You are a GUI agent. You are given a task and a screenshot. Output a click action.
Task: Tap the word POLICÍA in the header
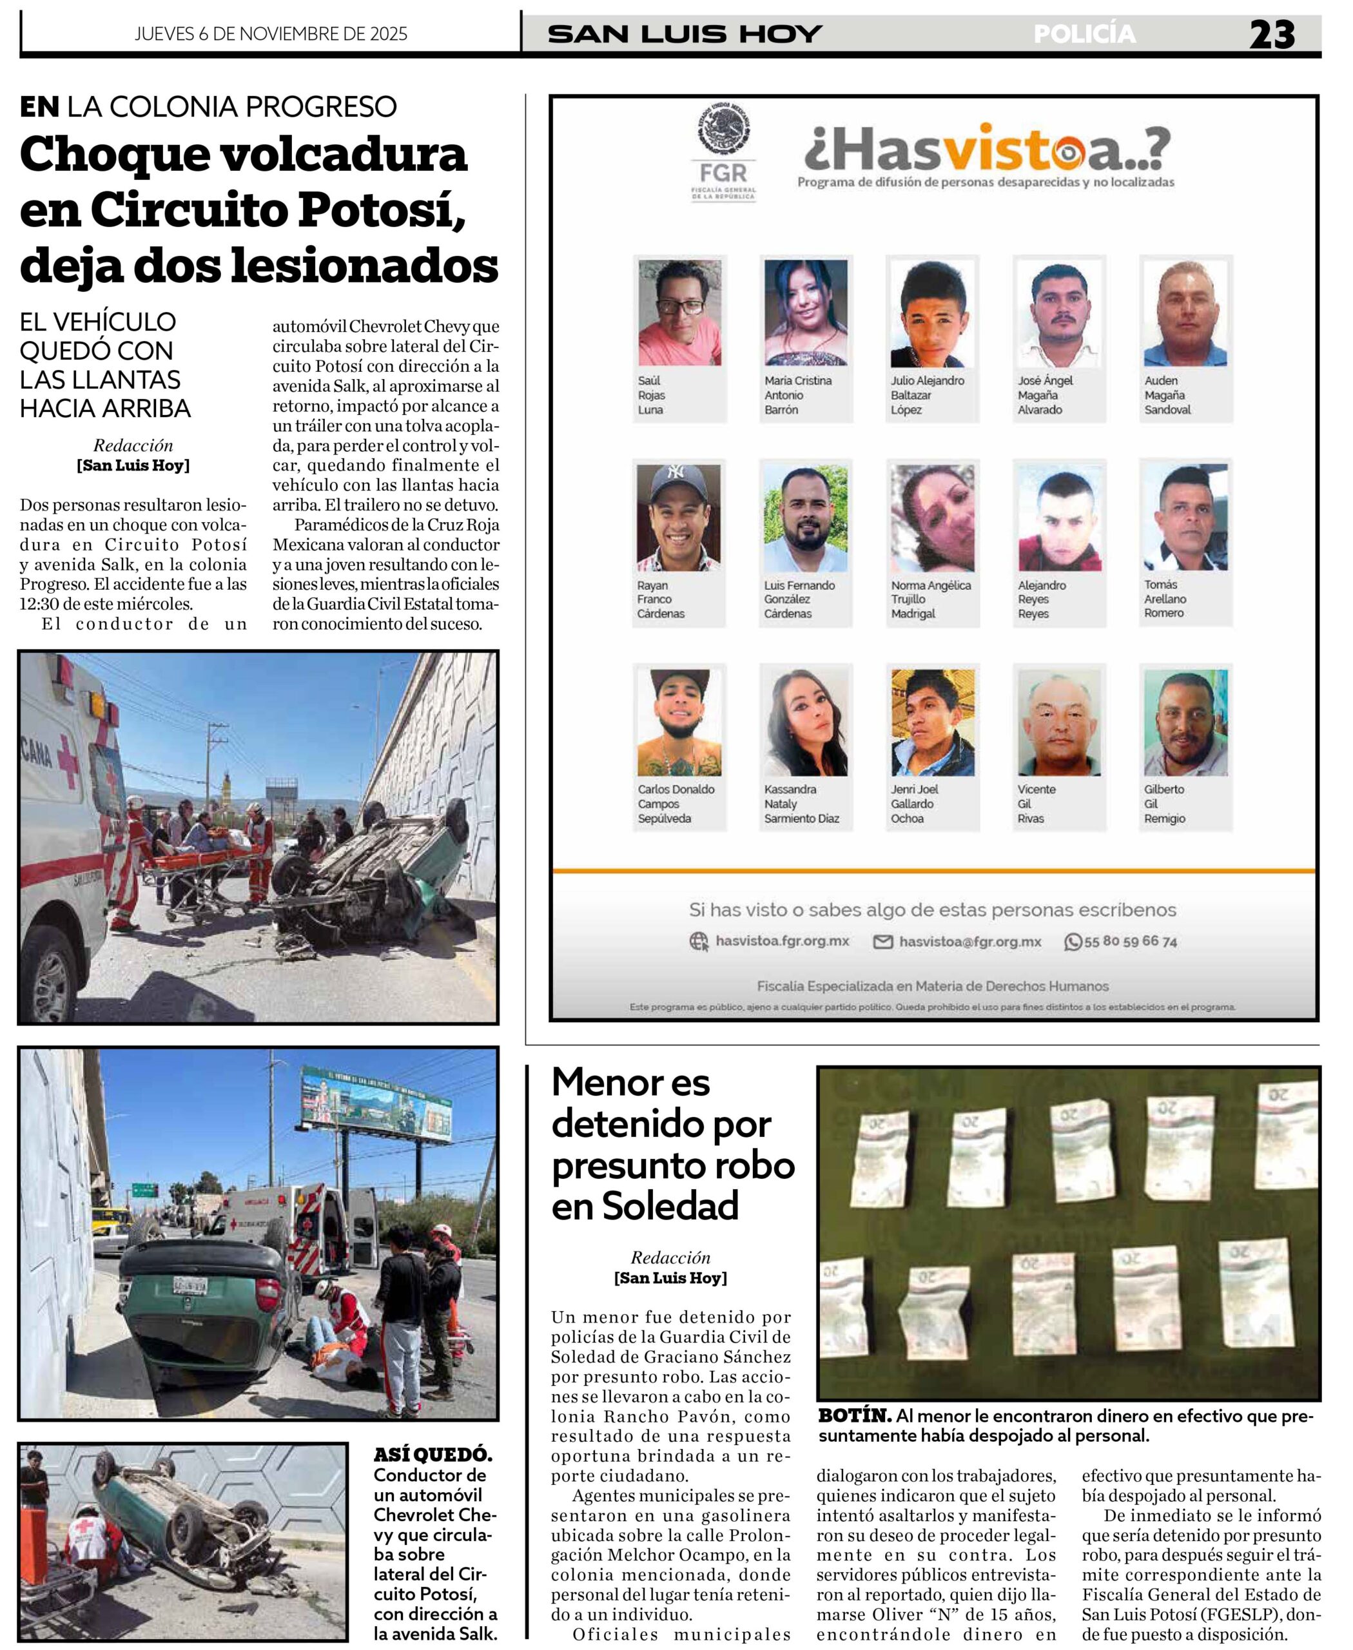point(1084,34)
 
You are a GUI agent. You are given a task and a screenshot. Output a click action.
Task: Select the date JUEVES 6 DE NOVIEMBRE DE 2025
point(271,34)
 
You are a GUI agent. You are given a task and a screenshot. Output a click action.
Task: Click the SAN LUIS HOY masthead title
point(685,34)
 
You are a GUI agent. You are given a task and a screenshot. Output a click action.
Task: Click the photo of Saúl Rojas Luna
point(679,313)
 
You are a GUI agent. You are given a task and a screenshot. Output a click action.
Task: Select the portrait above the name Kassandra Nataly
point(805,722)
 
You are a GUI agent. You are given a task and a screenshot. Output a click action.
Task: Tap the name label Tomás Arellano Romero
point(1165,599)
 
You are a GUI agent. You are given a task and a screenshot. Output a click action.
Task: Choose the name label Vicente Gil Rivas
point(1036,804)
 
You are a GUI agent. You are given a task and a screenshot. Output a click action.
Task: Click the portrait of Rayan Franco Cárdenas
point(678,518)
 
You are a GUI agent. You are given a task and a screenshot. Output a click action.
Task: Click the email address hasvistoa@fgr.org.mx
point(969,942)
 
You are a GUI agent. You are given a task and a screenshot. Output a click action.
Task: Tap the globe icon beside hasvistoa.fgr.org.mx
point(698,942)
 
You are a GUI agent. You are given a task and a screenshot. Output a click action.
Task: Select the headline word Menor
point(630,1083)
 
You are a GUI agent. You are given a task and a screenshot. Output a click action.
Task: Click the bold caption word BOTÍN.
point(854,1415)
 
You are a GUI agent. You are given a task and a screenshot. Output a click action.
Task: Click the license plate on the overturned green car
point(190,1285)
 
